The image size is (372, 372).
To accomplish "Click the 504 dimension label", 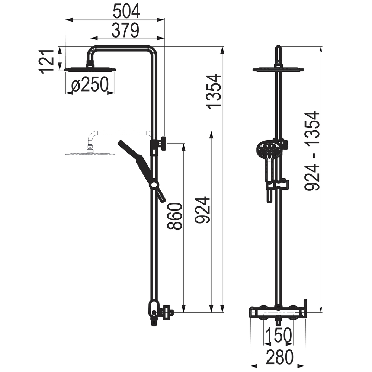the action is point(126,12).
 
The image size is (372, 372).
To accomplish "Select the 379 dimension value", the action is point(125,30).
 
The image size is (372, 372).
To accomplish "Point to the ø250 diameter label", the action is point(90,84).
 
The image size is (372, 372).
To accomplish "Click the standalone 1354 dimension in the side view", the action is point(214,92).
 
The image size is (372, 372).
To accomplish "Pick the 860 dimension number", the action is point(174,216).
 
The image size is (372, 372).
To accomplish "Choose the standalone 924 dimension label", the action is point(203,210).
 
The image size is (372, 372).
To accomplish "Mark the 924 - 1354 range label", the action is point(312,151).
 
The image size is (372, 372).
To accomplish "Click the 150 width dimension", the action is point(278,335).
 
